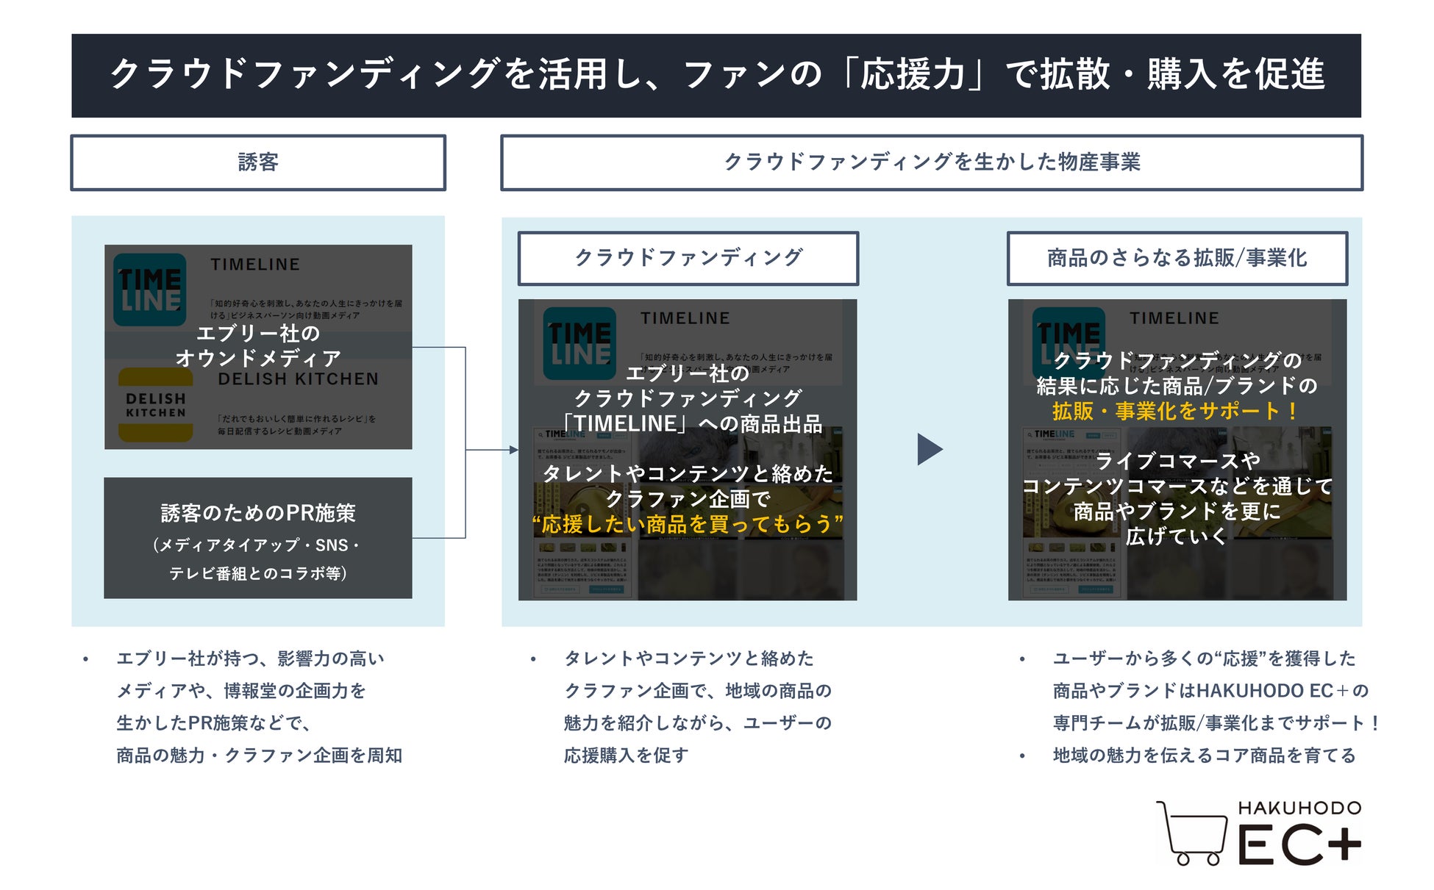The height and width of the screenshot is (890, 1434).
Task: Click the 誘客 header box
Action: click(258, 162)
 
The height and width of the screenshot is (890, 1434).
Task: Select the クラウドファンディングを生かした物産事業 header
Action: click(931, 162)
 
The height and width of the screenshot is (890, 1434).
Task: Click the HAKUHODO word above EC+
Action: click(1299, 808)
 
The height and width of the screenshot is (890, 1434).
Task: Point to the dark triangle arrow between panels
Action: click(930, 449)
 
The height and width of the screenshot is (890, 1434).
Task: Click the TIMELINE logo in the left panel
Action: click(150, 290)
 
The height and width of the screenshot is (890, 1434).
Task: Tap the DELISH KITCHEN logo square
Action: click(156, 405)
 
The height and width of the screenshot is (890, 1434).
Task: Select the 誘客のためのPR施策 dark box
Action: click(258, 538)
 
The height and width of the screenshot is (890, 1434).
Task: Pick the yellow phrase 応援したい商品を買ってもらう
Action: click(688, 524)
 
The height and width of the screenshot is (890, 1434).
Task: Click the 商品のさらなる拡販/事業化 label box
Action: click(1177, 258)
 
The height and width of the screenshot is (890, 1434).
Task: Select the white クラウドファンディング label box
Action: click(688, 258)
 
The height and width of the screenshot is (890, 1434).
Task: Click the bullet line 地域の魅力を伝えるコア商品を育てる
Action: click(1204, 755)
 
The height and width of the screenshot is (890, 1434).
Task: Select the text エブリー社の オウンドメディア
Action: click(258, 345)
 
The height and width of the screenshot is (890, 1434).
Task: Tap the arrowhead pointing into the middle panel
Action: click(514, 450)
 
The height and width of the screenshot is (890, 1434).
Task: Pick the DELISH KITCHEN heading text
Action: click(298, 379)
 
